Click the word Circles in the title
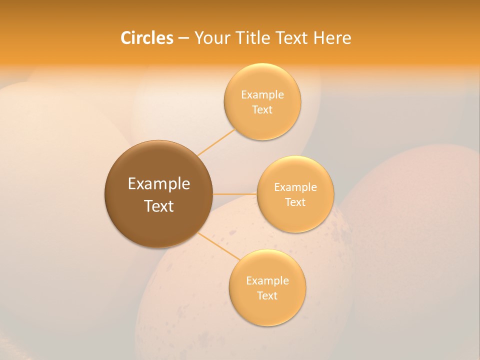click(x=146, y=38)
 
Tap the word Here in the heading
click(x=332, y=38)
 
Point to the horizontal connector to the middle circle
click(x=235, y=194)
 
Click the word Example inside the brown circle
click(x=159, y=184)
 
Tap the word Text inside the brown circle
click(x=159, y=206)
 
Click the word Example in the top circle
click(x=262, y=95)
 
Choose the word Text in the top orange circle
click(x=262, y=110)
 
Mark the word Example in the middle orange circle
click(x=295, y=187)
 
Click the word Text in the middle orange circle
click(x=295, y=202)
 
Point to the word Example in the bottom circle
click(x=267, y=281)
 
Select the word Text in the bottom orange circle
click(x=267, y=296)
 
